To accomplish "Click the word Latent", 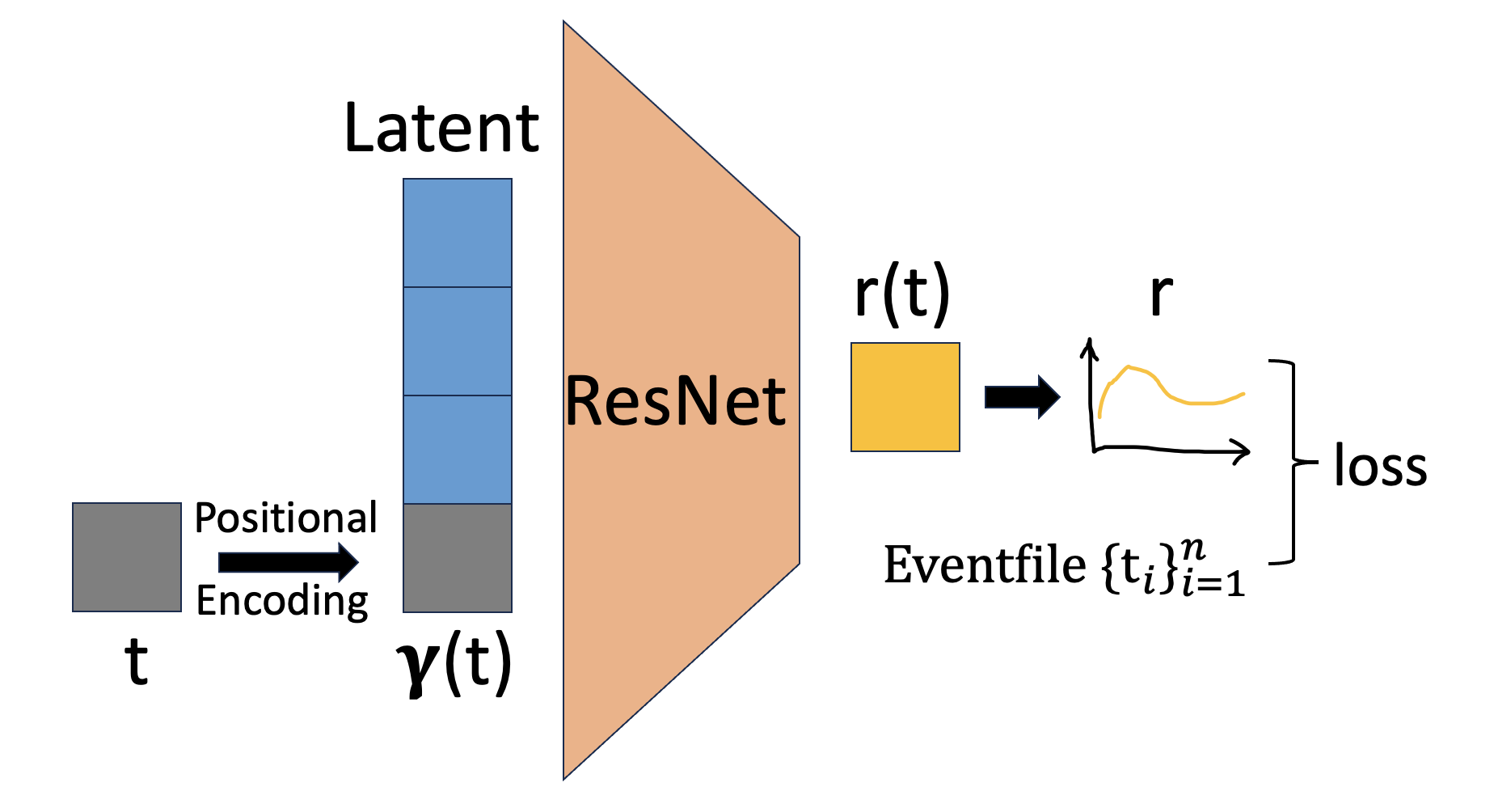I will coord(441,129).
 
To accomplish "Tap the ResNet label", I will coord(675,401).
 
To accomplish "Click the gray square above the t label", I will coord(127,557).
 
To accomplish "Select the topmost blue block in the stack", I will coord(458,233).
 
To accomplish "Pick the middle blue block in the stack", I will coord(458,341).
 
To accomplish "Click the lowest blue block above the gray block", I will coord(458,450).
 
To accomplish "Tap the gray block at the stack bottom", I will coord(458,558).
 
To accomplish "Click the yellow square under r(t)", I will coord(905,397).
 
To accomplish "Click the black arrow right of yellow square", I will coord(1022,397).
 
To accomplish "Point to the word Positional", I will coord(286,518).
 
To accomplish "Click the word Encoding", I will coord(282,601).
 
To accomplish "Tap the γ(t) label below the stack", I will coord(454,663).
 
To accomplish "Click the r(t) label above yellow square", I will coord(902,294).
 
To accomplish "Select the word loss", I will coord(1380,467).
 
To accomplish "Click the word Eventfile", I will coord(985,565).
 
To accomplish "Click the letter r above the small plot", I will coord(1161,295).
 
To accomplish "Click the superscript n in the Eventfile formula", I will coord(1192,550).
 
